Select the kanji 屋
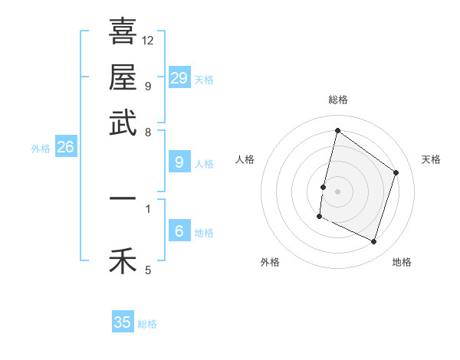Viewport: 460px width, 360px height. [x=123, y=77]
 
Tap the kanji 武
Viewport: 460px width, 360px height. [x=123, y=123]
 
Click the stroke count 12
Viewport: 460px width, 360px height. [x=148, y=40]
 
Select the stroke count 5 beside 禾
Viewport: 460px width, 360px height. [x=148, y=270]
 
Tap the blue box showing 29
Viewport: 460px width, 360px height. [x=179, y=78]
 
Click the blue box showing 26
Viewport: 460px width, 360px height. [x=65, y=147]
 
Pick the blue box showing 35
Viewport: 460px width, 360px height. [x=123, y=322]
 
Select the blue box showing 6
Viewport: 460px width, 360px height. [x=179, y=231]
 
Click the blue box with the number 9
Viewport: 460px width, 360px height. [x=179, y=162]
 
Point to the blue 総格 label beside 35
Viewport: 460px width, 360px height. [x=147, y=324]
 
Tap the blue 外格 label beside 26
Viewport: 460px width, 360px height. [x=41, y=149]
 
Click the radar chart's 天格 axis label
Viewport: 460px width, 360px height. [x=431, y=159]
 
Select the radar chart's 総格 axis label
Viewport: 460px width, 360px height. [x=338, y=100]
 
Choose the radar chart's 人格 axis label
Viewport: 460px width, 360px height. [x=245, y=159]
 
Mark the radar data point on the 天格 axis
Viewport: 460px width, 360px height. [x=396, y=172]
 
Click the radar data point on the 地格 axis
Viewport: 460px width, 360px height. [x=374, y=242]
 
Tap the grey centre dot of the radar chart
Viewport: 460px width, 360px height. [x=338, y=191]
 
